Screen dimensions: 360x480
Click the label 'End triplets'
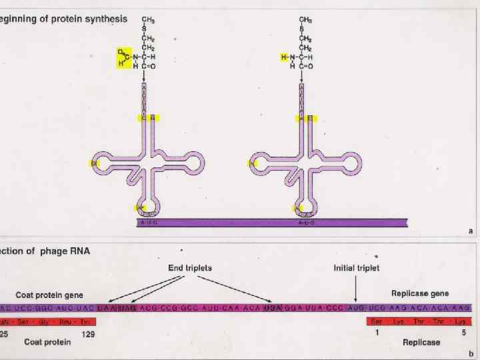[x=190, y=268]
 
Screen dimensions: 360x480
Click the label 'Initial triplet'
[x=356, y=268]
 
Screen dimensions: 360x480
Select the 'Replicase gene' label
[x=419, y=293]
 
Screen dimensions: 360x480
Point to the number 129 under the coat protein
[x=88, y=334]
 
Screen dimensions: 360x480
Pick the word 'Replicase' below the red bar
[x=421, y=343]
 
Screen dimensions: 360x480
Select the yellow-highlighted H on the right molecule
[x=283, y=57]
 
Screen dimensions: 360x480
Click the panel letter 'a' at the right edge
[x=471, y=230]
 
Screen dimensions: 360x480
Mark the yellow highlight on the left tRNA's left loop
[x=94, y=163]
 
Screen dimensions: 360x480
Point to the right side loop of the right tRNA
[x=351, y=163]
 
